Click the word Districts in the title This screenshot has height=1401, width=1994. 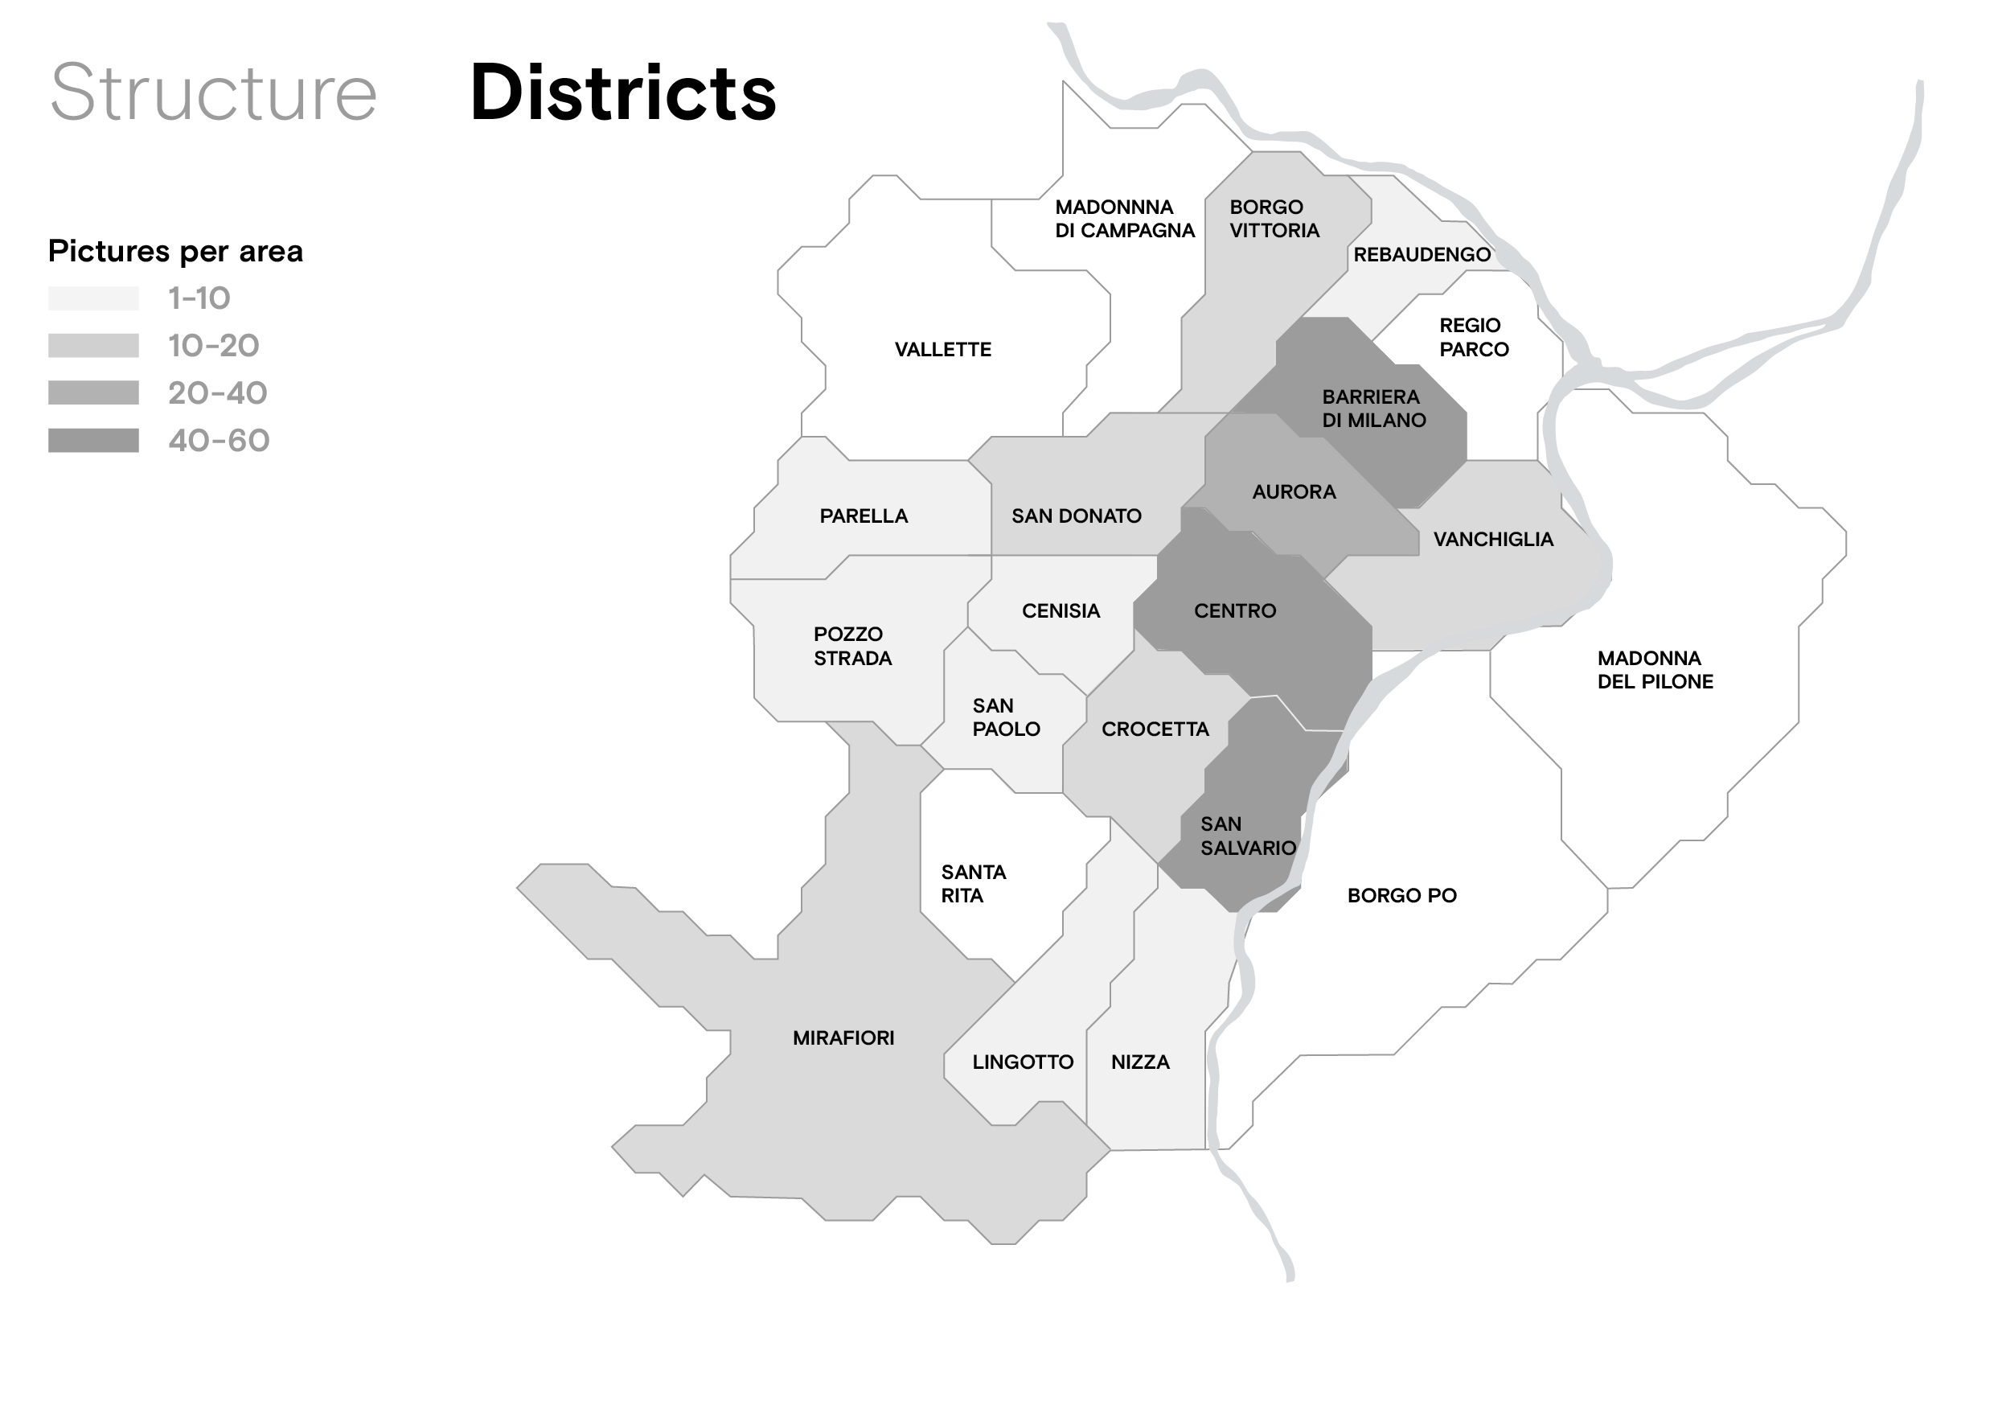click(x=622, y=93)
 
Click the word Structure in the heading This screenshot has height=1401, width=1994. click(x=214, y=93)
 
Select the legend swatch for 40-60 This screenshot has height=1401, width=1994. click(x=93, y=441)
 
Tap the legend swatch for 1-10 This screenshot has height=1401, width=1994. click(x=93, y=298)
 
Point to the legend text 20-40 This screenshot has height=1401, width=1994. click(x=217, y=393)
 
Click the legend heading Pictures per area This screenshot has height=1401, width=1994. click(x=175, y=251)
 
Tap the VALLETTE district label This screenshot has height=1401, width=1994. click(x=942, y=349)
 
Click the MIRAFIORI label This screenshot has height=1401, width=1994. click(x=843, y=1038)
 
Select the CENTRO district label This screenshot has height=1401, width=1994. click(x=1234, y=610)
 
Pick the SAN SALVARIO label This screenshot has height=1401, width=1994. click(x=1247, y=836)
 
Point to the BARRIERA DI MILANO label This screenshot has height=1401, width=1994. click(x=1373, y=409)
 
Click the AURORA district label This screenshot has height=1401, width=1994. click(x=1293, y=491)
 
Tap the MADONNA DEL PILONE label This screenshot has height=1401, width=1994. click(x=1655, y=670)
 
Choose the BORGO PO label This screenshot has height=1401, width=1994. click(x=1401, y=895)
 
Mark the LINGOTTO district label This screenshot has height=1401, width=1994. click(x=1022, y=1062)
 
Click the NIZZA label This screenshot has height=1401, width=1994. click(x=1139, y=1062)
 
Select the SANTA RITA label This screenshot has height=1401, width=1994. click(x=973, y=883)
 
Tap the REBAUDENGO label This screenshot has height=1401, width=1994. click(x=1421, y=254)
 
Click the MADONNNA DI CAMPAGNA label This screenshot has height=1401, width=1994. click(x=1124, y=219)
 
